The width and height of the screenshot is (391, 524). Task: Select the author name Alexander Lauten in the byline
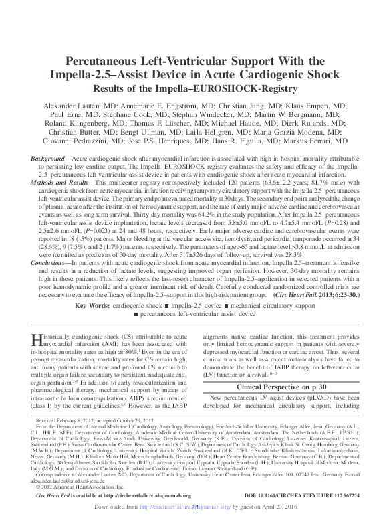(x=73, y=106)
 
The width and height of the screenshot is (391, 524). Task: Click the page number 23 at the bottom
(x=195, y=508)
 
